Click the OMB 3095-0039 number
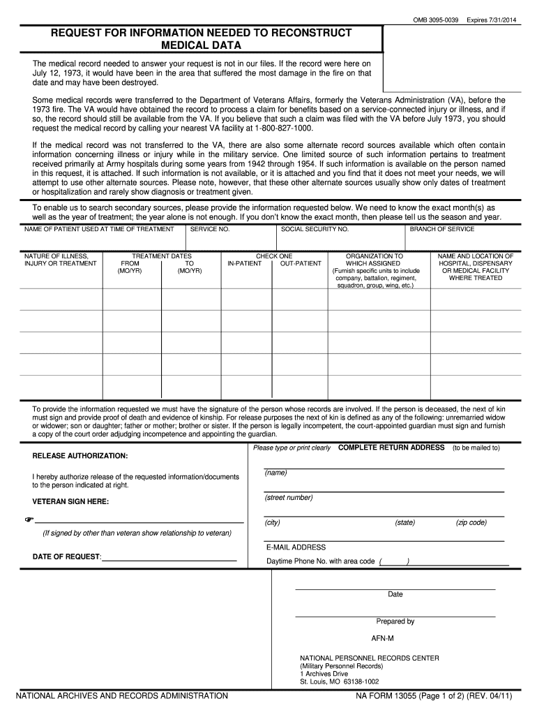point(436,19)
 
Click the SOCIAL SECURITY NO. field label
point(315,229)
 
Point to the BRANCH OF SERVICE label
point(442,229)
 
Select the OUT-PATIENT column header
point(301,264)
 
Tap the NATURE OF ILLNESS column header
point(60,260)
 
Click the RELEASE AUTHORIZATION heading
point(80,456)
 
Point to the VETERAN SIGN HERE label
point(70,501)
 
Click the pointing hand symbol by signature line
point(29,520)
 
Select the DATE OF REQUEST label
point(67,556)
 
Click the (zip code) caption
point(471,522)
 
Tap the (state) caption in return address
point(404,522)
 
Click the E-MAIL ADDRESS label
point(296,547)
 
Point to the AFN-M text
point(382,639)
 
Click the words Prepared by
point(395,621)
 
